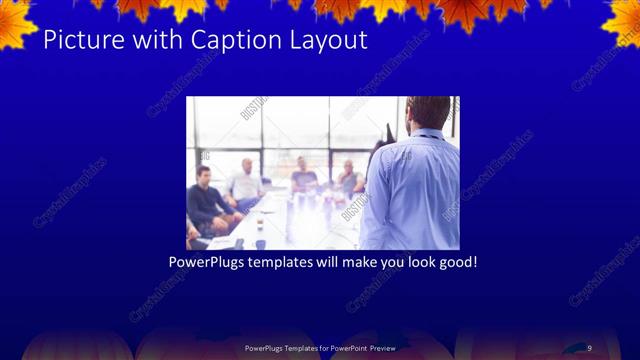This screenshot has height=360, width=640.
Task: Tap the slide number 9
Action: (x=589, y=347)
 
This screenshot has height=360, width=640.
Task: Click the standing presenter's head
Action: (x=428, y=113)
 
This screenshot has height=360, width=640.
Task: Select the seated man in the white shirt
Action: (x=244, y=184)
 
